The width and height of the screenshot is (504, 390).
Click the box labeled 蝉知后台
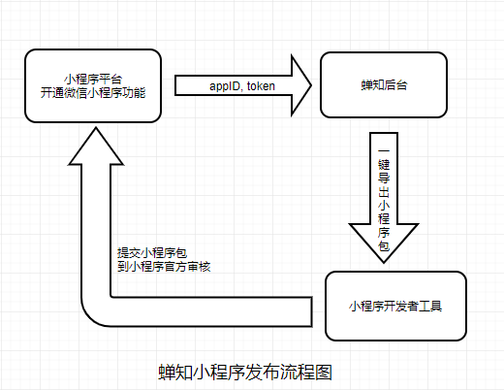pos(384,85)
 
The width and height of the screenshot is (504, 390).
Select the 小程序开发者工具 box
pos(395,306)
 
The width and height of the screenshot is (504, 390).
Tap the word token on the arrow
pos(261,86)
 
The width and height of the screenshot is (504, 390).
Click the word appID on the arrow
pos(225,86)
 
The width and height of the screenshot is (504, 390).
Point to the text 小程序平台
pos(93,79)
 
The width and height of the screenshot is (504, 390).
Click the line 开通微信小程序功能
pos(93,93)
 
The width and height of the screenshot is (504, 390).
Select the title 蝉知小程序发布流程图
pos(245,373)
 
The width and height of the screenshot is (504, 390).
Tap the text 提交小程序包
pos(152,253)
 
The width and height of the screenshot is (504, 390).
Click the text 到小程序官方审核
pos(164,267)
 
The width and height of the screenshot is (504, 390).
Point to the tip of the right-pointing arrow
pos(311,85)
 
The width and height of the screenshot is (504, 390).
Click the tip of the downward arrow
pos(384,262)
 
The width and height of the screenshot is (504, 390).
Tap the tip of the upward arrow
pos(96,128)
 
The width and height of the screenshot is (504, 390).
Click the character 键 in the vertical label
pos(384,164)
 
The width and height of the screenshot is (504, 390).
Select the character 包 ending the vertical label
pos(384,245)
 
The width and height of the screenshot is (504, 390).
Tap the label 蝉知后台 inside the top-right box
pos(384,85)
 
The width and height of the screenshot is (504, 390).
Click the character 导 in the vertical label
pos(384,178)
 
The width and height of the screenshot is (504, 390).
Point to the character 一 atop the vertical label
pos(384,150)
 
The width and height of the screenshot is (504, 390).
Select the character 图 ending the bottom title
pos(324,373)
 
